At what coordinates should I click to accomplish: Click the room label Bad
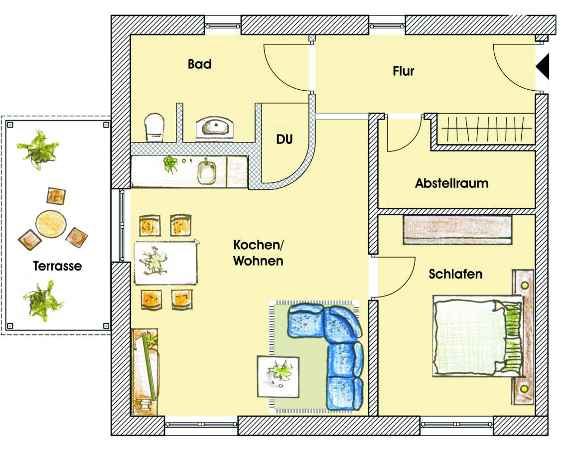click(199, 64)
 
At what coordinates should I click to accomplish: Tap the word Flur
click(403, 71)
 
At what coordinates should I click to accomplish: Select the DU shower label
click(284, 140)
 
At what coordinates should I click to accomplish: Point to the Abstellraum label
click(451, 183)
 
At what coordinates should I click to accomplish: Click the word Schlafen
click(455, 274)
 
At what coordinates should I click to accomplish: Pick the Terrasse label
click(57, 266)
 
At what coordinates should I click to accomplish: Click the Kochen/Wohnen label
click(258, 253)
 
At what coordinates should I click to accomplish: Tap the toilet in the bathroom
click(154, 127)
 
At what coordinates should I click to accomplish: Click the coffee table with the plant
click(278, 376)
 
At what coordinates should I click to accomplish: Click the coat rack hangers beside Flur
click(486, 130)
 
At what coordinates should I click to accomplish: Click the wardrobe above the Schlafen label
click(457, 230)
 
